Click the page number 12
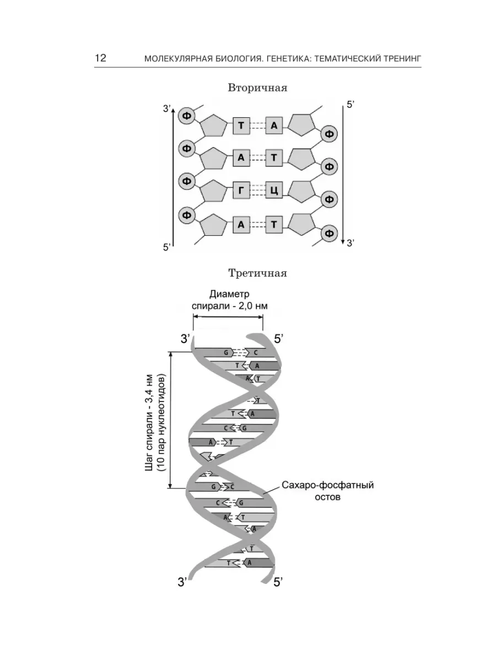(101, 58)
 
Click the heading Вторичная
(257, 88)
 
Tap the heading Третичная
(258, 273)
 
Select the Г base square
(241, 191)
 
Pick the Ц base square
(274, 191)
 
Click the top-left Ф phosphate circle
(187, 116)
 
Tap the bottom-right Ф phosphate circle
(330, 233)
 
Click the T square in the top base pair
(241, 125)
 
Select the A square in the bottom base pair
(241, 225)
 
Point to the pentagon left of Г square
(213, 192)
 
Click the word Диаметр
(229, 294)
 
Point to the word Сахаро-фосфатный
(328, 485)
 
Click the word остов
(328, 497)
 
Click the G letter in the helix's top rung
(226, 353)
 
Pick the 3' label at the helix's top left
(185, 339)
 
